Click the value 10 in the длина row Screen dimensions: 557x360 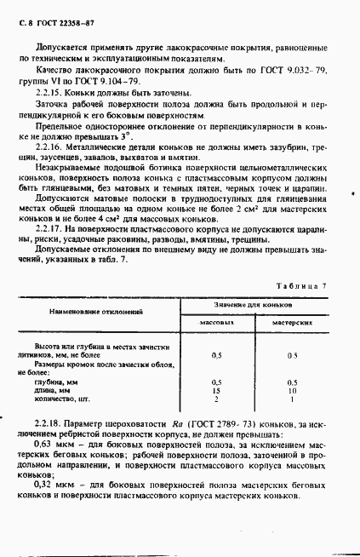coord(291,391)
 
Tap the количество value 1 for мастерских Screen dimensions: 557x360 coord(291,399)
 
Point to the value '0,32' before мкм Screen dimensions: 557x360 coord(44,485)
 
